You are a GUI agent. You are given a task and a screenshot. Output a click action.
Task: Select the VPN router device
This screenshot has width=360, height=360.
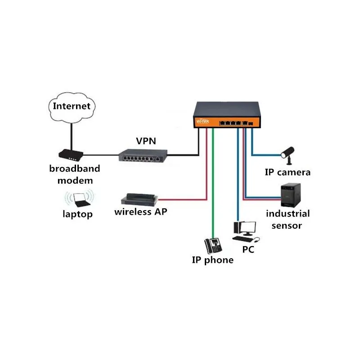pos(143,155)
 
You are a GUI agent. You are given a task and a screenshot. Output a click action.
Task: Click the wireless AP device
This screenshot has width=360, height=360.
pos(139,198)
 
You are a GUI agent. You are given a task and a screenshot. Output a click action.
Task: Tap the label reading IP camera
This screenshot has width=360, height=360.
pos(288,172)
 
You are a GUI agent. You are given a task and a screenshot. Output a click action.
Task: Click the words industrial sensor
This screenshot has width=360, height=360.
pos(288,219)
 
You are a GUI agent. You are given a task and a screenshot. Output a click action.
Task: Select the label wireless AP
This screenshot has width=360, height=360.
pos(140,211)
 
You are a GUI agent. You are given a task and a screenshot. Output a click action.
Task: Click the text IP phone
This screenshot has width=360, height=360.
pos(213,260)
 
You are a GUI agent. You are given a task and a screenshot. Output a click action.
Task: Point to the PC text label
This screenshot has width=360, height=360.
pos(248,249)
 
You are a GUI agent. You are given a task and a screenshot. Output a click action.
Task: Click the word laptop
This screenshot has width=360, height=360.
pos(77,214)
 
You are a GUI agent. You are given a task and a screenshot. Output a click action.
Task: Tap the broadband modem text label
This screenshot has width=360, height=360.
pos(75,175)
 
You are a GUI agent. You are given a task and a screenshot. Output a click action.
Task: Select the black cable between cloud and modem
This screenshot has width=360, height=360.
pos(71,135)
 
